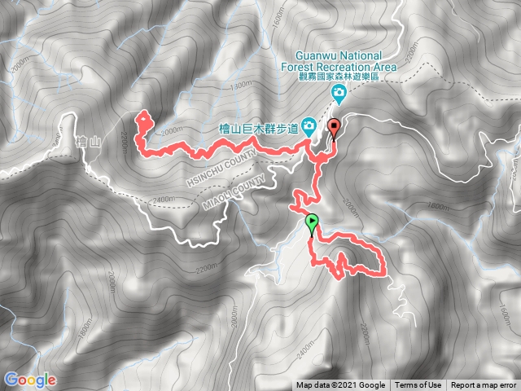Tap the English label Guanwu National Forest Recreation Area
(339, 62)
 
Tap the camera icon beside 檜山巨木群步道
(309, 125)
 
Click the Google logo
(29, 380)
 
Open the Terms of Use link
(418, 385)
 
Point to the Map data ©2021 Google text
(341, 385)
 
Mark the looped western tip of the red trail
(143, 119)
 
